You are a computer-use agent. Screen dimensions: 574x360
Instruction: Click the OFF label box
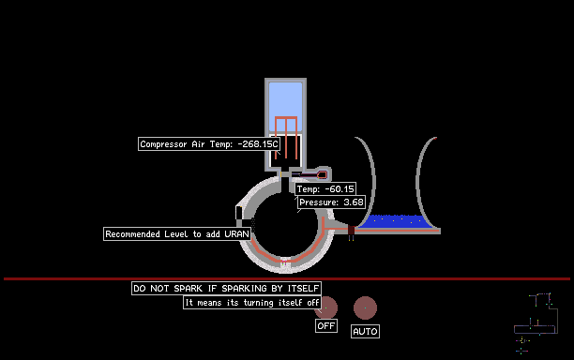point(326,325)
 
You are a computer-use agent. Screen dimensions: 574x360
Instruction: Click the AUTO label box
point(365,331)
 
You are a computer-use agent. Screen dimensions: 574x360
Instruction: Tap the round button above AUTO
point(365,307)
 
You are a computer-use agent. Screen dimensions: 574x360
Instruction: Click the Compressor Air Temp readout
point(209,143)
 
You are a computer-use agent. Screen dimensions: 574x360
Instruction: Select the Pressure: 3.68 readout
point(331,202)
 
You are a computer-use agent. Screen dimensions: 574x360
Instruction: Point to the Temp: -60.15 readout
point(325,188)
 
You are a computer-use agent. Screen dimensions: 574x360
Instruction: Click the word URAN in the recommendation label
point(237,233)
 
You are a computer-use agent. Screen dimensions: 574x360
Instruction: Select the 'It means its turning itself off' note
point(252,303)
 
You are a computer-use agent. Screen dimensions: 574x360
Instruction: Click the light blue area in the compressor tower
point(285,106)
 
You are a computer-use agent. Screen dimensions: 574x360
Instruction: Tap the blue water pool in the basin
point(396,221)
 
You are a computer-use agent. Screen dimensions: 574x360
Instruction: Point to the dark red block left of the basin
point(351,230)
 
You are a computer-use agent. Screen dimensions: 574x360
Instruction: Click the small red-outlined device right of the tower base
point(322,175)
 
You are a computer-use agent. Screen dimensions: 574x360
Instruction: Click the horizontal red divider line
point(287,278)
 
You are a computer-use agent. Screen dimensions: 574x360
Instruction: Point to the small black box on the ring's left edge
point(238,213)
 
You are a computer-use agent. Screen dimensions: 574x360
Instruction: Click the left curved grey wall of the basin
point(368,181)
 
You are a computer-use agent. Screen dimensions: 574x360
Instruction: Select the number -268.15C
point(258,143)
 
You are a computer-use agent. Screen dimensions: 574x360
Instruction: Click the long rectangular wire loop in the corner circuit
point(536,329)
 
